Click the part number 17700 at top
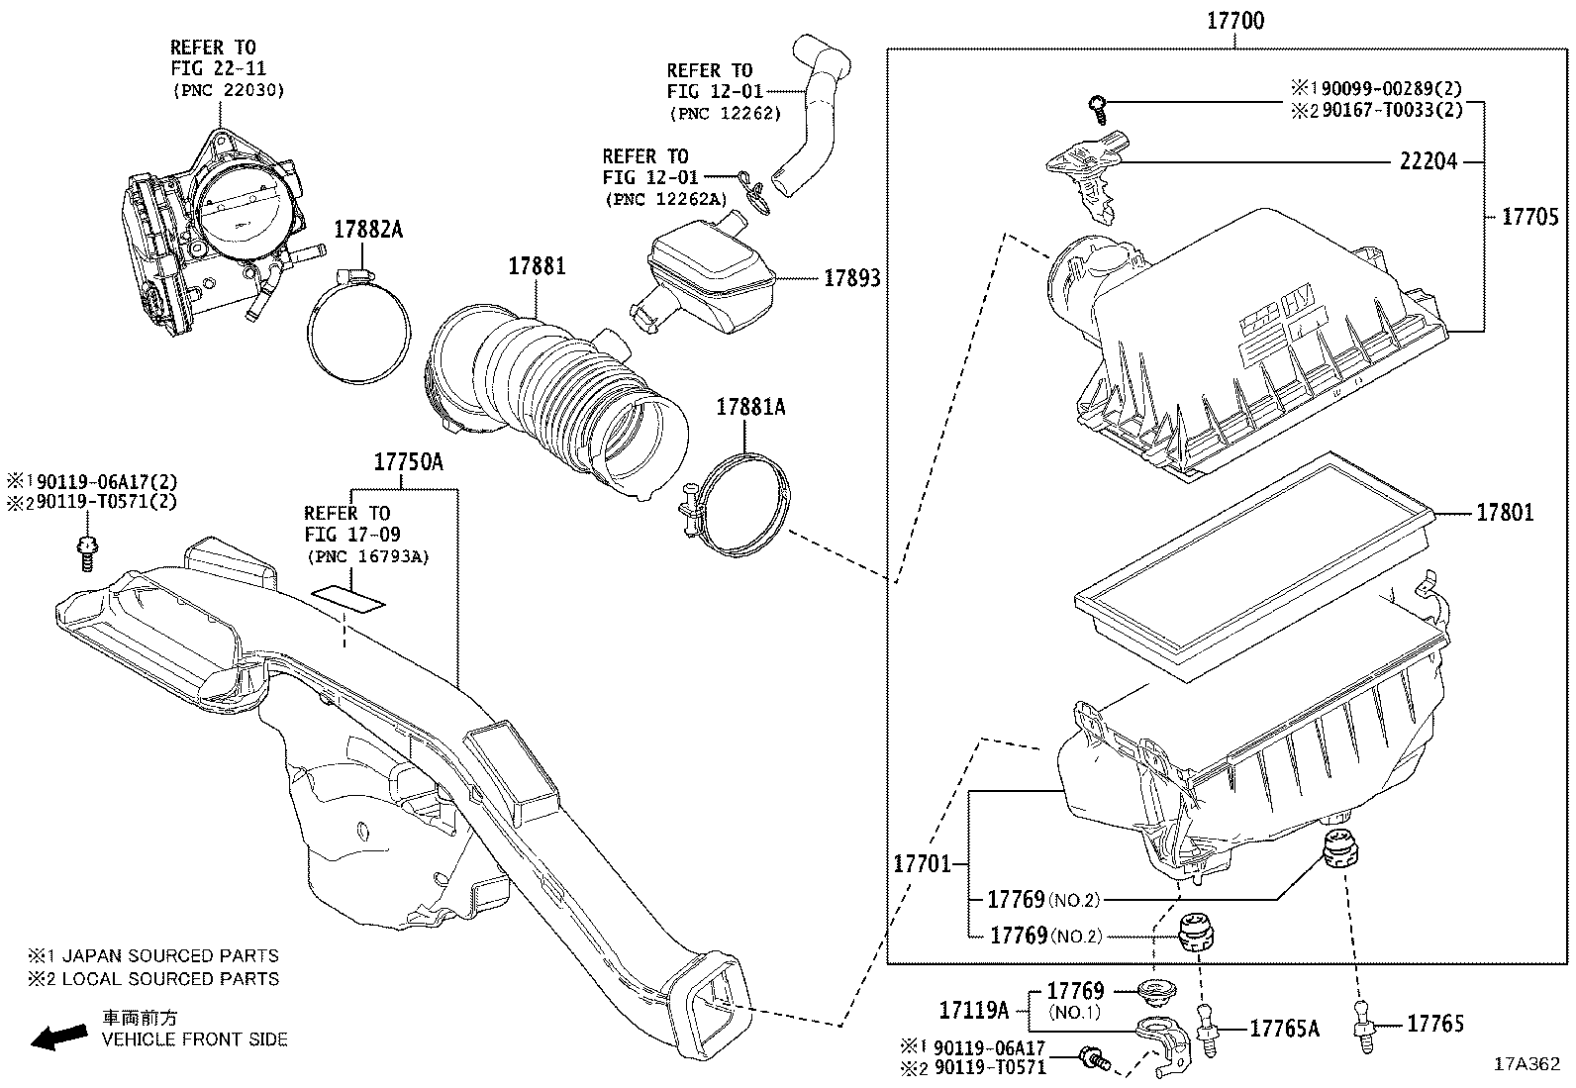pos(1235,21)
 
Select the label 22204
pos(1428,161)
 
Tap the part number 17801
pos(1505,513)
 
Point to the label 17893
pos(852,279)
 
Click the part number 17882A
pos(368,229)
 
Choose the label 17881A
pos(750,406)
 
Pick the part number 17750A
pos(408,461)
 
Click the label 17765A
pos(1284,1029)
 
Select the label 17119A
pos(973,1010)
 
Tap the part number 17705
pos(1529,217)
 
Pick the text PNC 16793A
pos(366,556)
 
